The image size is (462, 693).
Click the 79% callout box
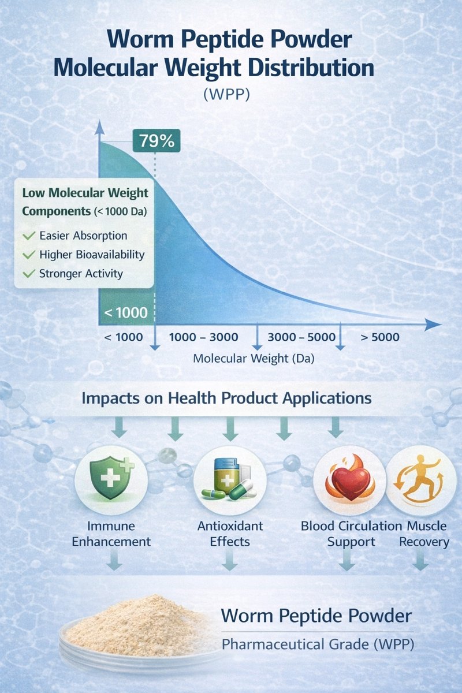pyautogui.click(x=157, y=141)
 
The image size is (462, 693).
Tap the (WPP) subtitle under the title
pyautogui.click(x=226, y=94)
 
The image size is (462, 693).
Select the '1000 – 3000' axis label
pyautogui.click(x=206, y=337)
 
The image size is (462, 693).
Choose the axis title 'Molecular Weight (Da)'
pyautogui.click(x=254, y=359)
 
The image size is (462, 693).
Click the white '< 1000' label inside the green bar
pyautogui.click(x=126, y=314)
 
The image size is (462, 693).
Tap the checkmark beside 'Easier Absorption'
pyautogui.click(x=27, y=236)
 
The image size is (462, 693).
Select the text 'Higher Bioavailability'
pyautogui.click(x=92, y=254)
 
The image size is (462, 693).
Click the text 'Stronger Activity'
pyautogui.click(x=81, y=273)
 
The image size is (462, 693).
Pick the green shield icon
pyautogui.click(x=111, y=482)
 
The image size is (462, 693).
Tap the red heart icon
pyautogui.click(x=349, y=482)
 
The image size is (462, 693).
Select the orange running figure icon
pyautogui.click(x=418, y=482)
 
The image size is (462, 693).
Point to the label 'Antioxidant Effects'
pyautogui.click(x=230, y=534)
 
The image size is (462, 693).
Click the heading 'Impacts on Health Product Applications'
pyautogui.click(x=227, y=398)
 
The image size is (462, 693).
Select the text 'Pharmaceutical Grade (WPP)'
pyautogui.click(x=318, y=645)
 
